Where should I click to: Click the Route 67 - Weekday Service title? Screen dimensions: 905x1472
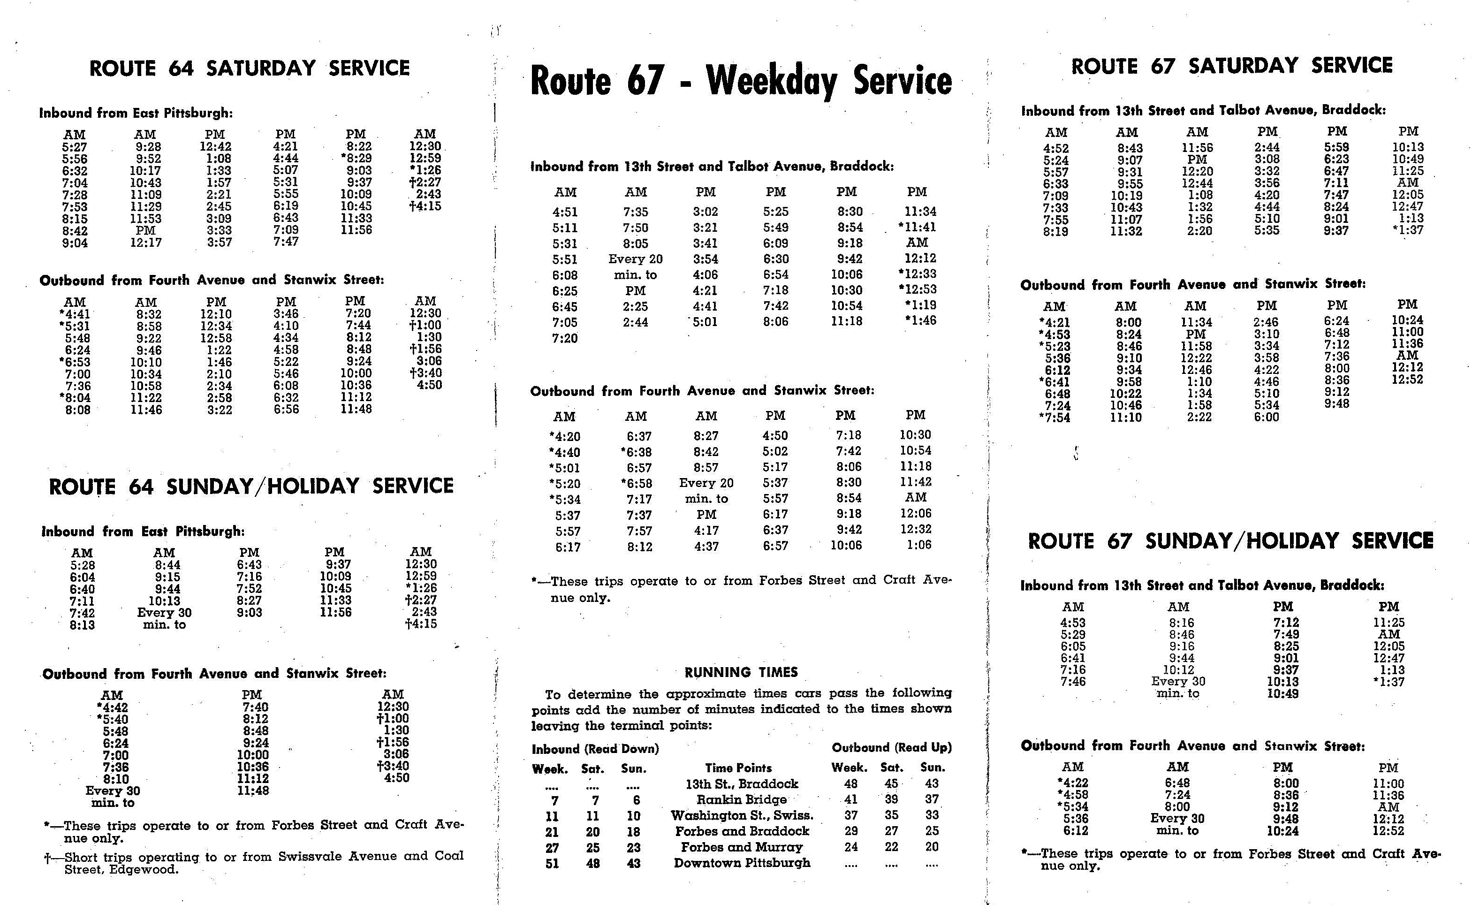pyautogui.click(x=741, y=81)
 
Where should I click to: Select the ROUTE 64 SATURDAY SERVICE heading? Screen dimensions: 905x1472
pyautogui.click(x=250, y=68)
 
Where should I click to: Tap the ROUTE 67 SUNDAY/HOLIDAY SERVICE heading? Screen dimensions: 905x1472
pyautogui.click(x=1230, y=541)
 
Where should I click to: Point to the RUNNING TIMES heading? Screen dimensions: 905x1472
pyautogui.click(x=741, y=672)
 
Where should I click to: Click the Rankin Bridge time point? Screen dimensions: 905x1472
pyautogui.click(x=741, y=799)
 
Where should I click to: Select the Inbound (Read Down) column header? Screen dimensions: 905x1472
pyautogui.click(x=595, y=749)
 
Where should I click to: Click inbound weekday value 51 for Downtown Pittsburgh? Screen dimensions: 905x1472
pyautogui.click(x=552, y=864)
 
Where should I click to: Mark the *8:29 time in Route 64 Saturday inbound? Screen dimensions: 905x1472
pyautogui.click(x=356, y=159)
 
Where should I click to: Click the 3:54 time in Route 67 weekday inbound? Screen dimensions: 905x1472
pyautogui.click(x=706, y=259)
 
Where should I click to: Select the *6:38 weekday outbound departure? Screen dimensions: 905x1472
pyautogui.click(x=636, y=452)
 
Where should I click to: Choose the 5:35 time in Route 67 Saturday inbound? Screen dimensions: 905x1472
pyautogui.click(x=1267, y=230)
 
